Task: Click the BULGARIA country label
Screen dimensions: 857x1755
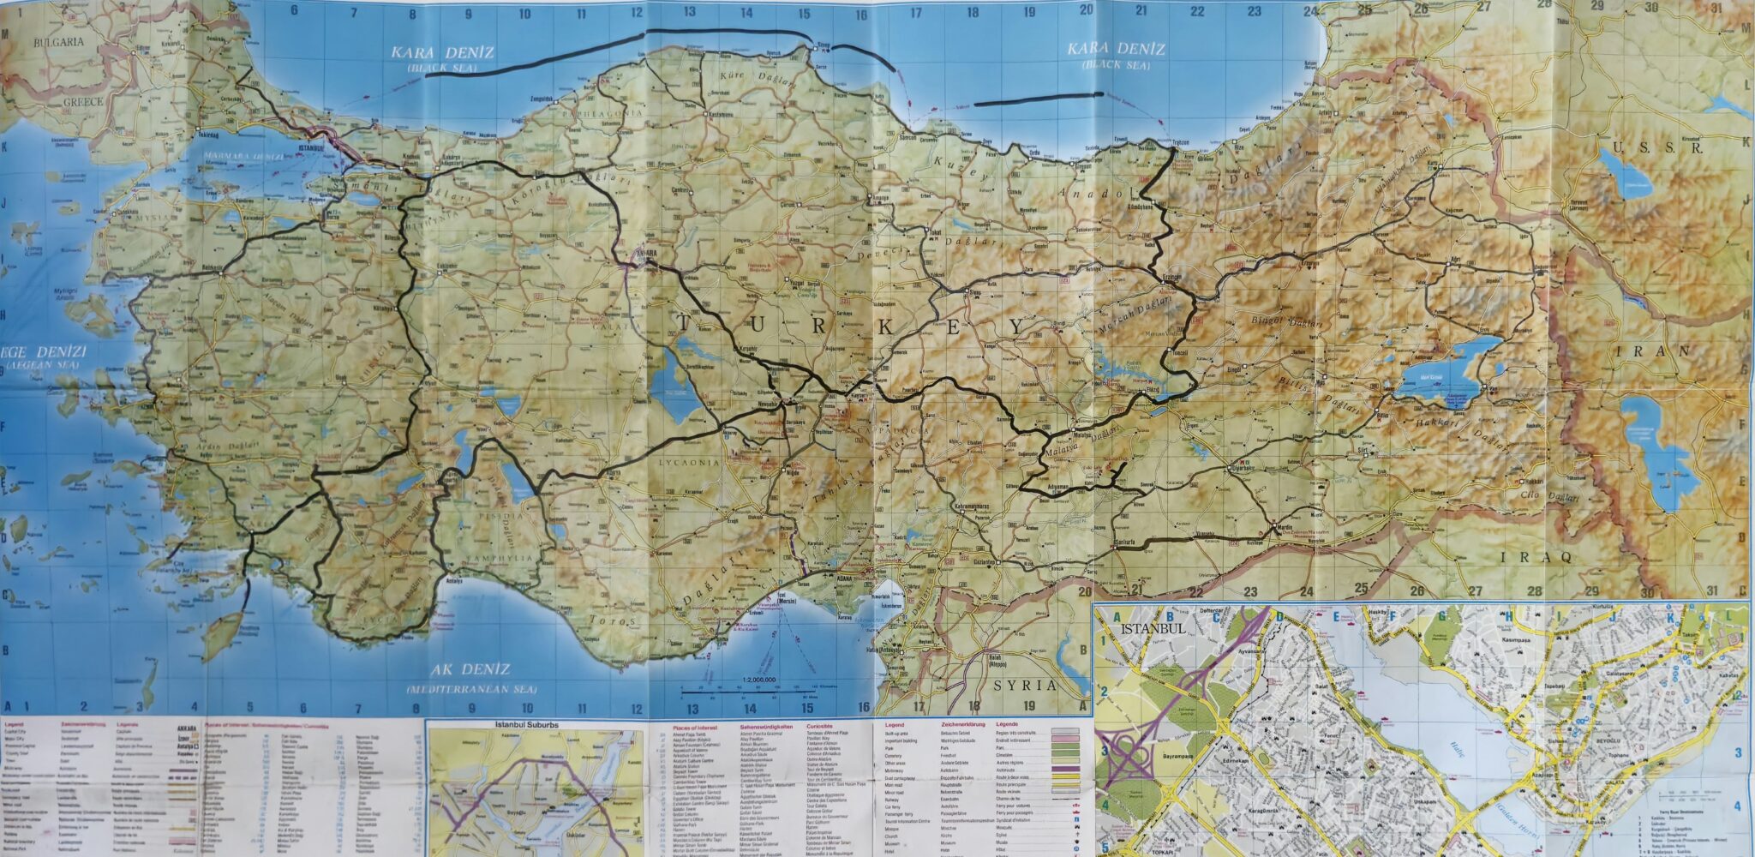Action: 58,41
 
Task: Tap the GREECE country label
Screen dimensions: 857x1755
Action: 82,102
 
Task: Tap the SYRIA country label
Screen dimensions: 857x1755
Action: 1025,686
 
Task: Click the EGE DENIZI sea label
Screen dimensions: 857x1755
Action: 44,352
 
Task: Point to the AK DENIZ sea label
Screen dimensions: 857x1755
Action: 470,670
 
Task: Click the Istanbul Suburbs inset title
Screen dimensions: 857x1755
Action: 526,725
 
